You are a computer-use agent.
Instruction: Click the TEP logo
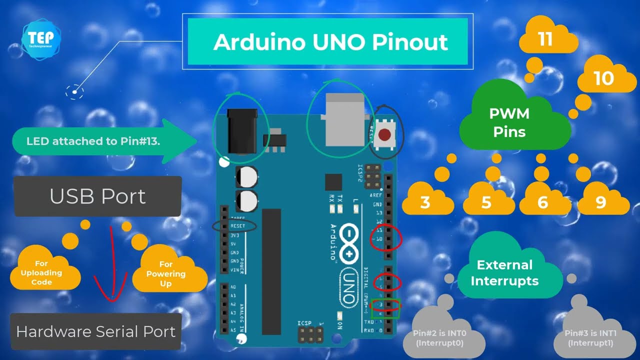point(41,38)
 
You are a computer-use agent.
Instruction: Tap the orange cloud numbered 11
point(546,39)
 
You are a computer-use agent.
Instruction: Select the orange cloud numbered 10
point(603,78)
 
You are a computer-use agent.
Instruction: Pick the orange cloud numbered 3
point(426,201)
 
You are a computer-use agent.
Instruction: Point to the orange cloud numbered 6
point(543,201)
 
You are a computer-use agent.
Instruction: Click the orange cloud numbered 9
point(601,201)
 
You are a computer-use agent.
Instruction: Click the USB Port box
point(97,196)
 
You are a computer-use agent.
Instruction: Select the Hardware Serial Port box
point(96,331)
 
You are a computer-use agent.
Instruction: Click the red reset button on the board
point(384,135)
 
